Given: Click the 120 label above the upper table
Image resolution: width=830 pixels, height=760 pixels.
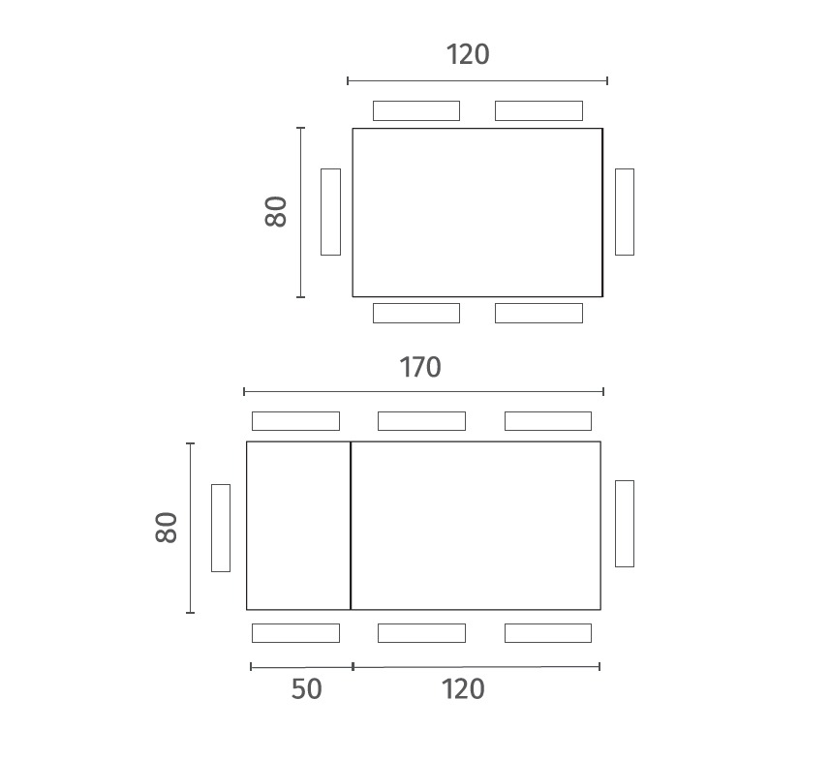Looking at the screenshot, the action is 468,54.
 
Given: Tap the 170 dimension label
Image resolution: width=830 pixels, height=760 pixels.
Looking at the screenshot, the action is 419,367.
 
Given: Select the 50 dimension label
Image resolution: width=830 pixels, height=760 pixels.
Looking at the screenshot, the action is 306,689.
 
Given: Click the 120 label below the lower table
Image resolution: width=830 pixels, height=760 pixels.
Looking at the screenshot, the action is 463,689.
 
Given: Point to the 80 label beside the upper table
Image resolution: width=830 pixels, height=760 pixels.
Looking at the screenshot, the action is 276,212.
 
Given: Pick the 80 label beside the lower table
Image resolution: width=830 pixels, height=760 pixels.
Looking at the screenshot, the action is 167,527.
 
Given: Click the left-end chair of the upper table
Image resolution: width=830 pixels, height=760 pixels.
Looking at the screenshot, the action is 330,212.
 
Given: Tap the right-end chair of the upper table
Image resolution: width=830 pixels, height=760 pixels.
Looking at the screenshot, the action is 625,212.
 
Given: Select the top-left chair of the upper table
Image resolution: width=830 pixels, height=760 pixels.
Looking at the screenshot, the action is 416,110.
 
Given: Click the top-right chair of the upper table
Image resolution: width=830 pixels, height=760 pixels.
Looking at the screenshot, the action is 538,110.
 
